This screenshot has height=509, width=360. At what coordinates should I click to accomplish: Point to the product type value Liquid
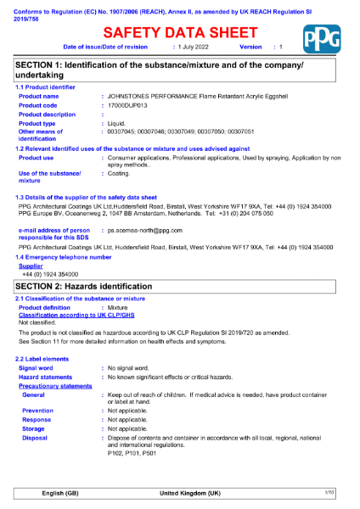[117, 124]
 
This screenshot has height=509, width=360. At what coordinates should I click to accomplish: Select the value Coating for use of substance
[120, 173]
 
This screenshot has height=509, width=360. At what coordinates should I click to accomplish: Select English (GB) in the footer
[60, 493]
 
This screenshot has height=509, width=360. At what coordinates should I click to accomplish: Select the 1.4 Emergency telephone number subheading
[63, 256]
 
